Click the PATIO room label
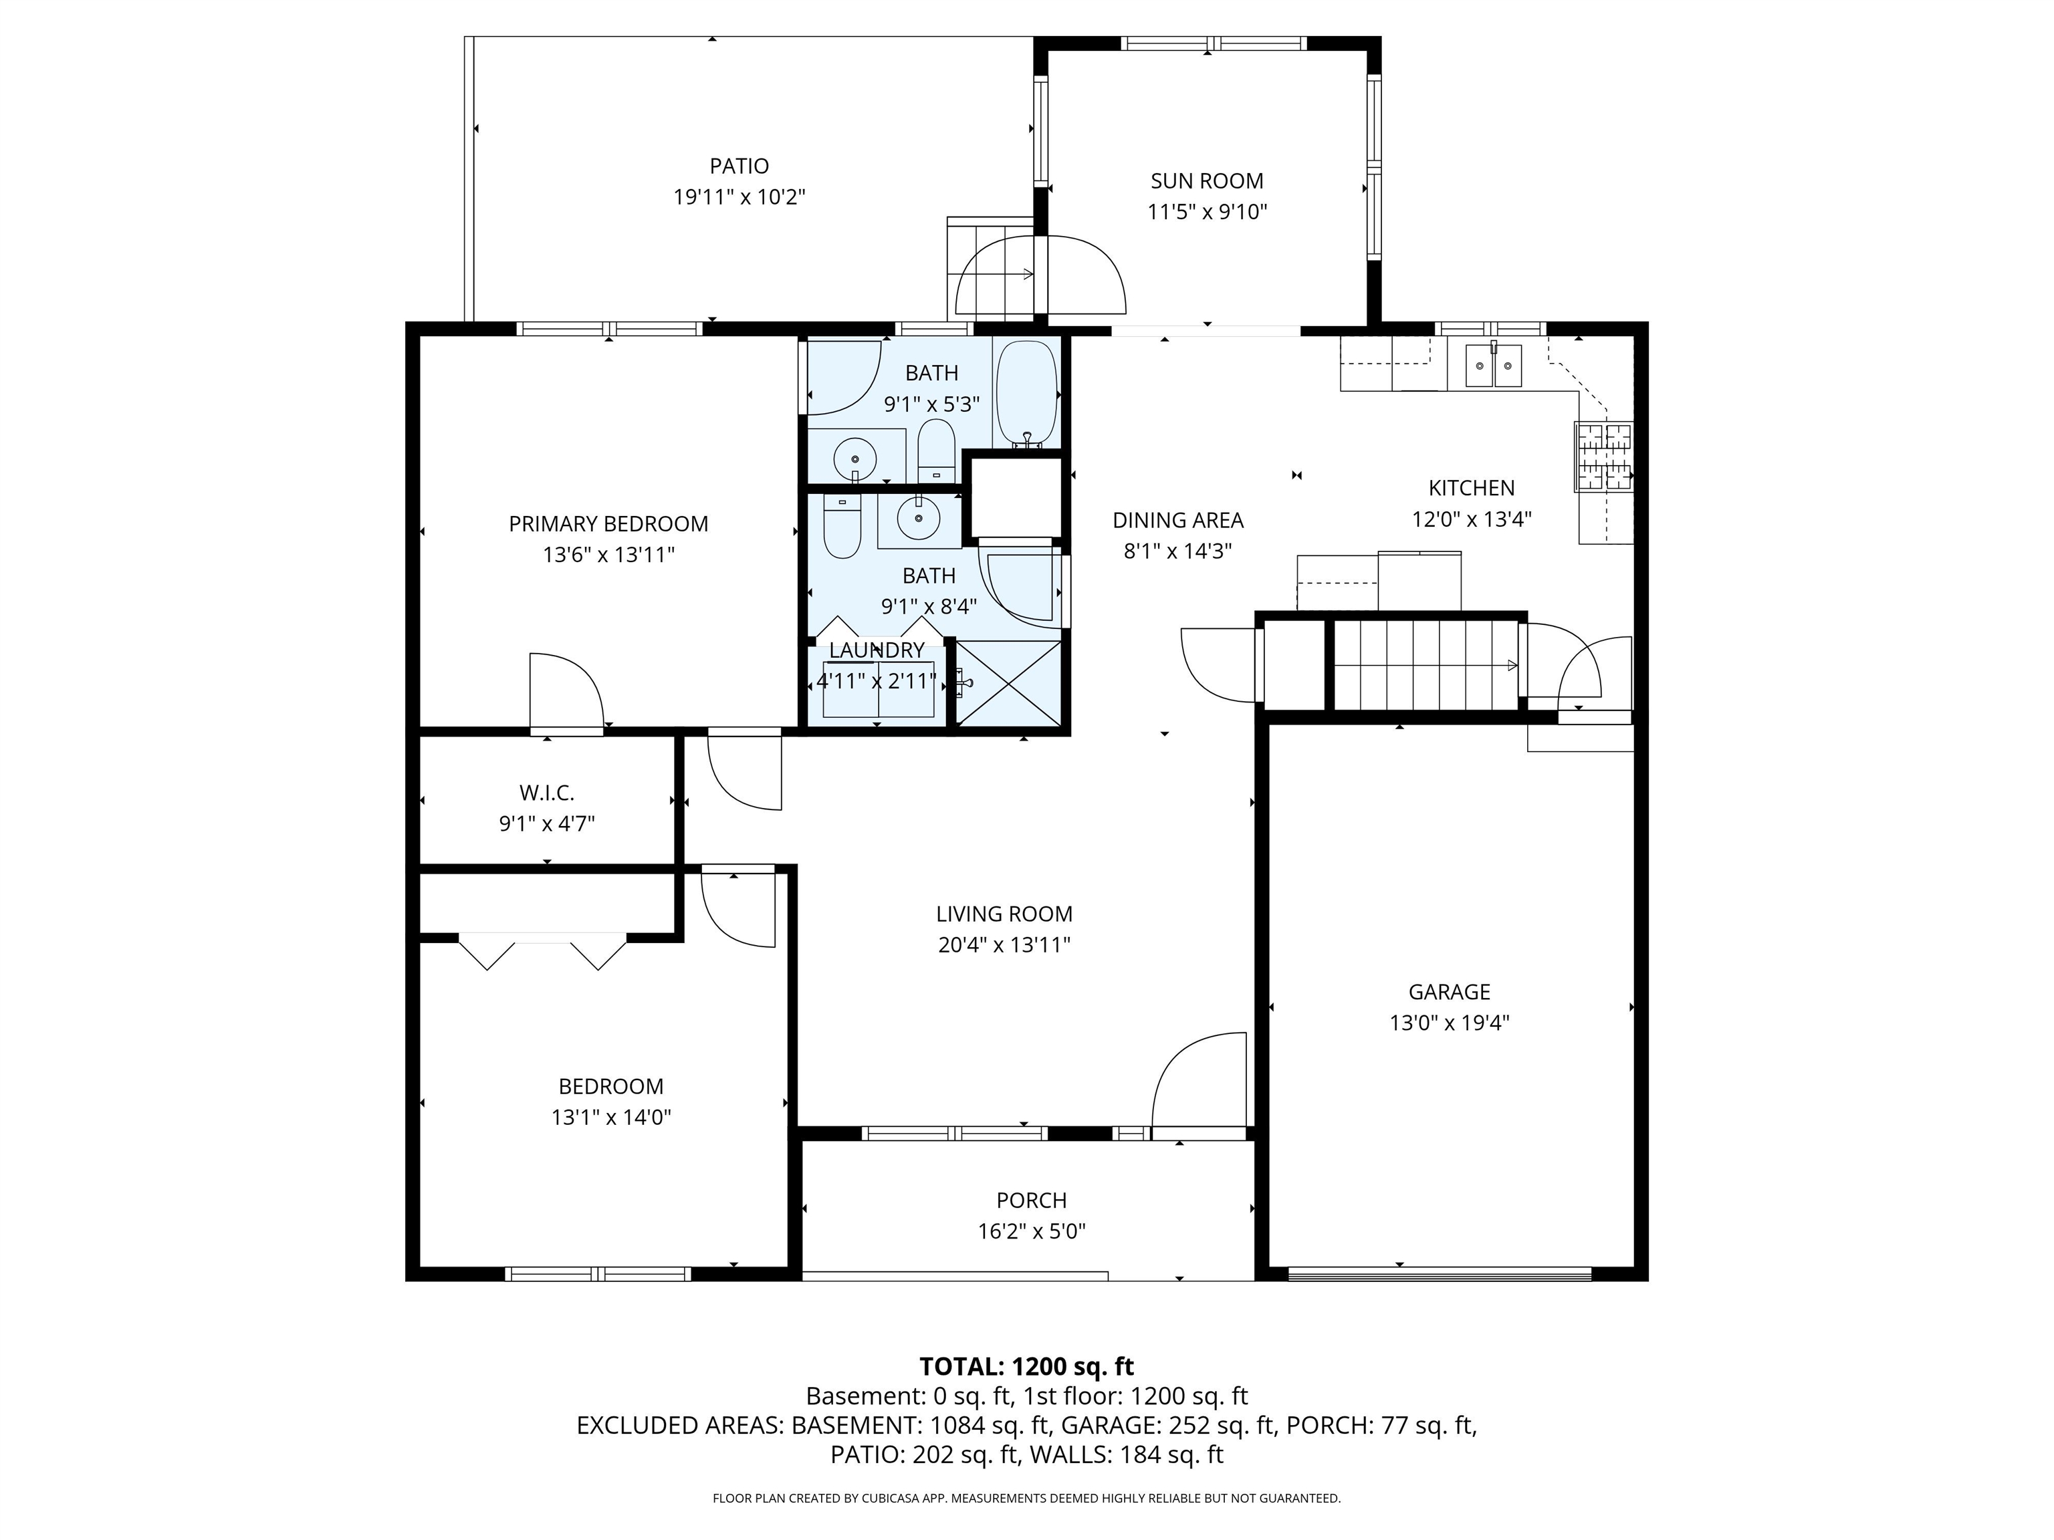(x=739, y=166)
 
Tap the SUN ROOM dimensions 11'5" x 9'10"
(x=1206, y=212)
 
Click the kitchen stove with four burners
(x=1603, y=456)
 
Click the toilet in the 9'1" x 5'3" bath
(x=935, y=451)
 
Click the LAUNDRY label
(x=877, y=650)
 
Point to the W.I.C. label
(x=546, y=793)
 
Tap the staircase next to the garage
(x=1425, y=664)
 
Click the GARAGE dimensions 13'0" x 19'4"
(x=1449, y=1023)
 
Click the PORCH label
(x=1031, y=1200)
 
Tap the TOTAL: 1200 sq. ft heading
(x=1026, y=1366)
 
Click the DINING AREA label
(x=1177, y=521)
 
